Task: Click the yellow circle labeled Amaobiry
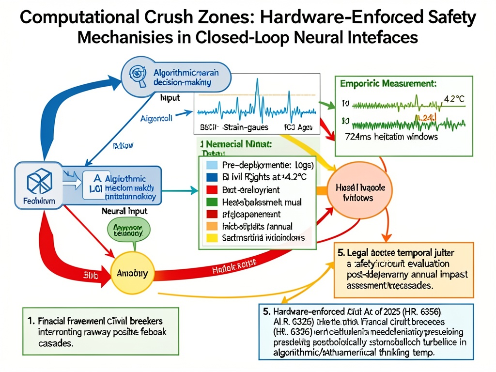tap(133, 274)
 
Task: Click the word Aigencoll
tap(157, 118)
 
